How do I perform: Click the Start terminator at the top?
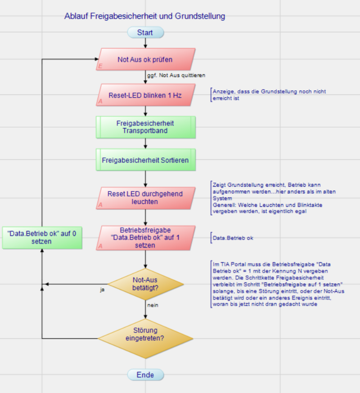click(145, 32)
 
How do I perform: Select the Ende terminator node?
click(145, 375)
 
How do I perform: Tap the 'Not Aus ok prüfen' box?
click(145, 59)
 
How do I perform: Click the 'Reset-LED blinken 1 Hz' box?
click(145, 95)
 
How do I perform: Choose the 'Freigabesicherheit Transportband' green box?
click(145, 127)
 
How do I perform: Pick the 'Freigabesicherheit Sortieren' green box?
click(145, 160)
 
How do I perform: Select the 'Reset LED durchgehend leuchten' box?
click(145, 198)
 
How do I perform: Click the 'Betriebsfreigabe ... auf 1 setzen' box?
click(145, 237)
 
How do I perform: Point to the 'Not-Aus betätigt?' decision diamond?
click(145, 284)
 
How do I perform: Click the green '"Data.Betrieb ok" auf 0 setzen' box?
click(42, 237)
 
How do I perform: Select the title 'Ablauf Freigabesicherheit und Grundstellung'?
click(144, 16)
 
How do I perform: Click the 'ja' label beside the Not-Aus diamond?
click(102, 290)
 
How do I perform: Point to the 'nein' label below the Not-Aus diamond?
click(153, 305)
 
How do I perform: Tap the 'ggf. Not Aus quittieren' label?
click(176, 75)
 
